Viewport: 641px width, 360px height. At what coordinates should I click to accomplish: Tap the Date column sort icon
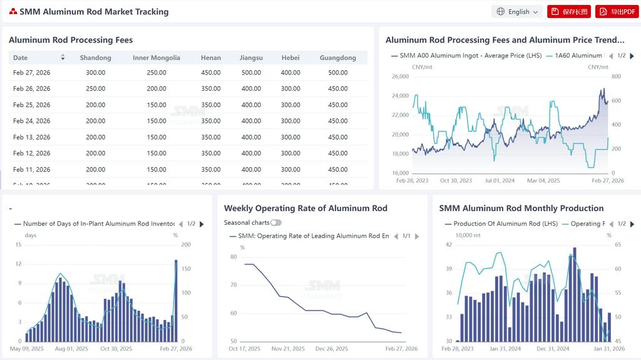pyautogui.click(x=63, y=58)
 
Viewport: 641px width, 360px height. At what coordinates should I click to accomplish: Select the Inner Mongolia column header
pyautogui.click(x=156, y=58)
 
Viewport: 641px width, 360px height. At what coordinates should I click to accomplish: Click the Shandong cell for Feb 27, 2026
pyautogui.click(x=96, y=73)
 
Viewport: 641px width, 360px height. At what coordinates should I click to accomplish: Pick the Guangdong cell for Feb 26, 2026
pyautogui.click(x=337, y=89)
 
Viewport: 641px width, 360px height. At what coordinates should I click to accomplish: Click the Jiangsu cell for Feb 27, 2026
pyautogui.click(x=251, y=73)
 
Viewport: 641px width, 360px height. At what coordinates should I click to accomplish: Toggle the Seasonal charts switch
pyautogui.click(x=275, y=222)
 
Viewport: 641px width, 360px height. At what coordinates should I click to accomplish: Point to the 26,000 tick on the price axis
pyautogui.click(x=400, y=76)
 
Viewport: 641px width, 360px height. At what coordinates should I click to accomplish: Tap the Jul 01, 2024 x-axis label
pyautogui.click(x=500, y=180)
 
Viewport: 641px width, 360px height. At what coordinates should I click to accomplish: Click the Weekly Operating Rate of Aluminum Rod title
pyautogui.click(x=305, y=208)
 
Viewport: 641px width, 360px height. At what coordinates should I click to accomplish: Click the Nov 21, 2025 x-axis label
pyautogui.click(x=289, y=349)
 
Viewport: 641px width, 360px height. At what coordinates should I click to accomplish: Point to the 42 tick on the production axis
pyautogui.click(x=448, y=245)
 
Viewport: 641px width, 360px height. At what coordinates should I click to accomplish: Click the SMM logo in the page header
pyautogui.click(x=13, y=12)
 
